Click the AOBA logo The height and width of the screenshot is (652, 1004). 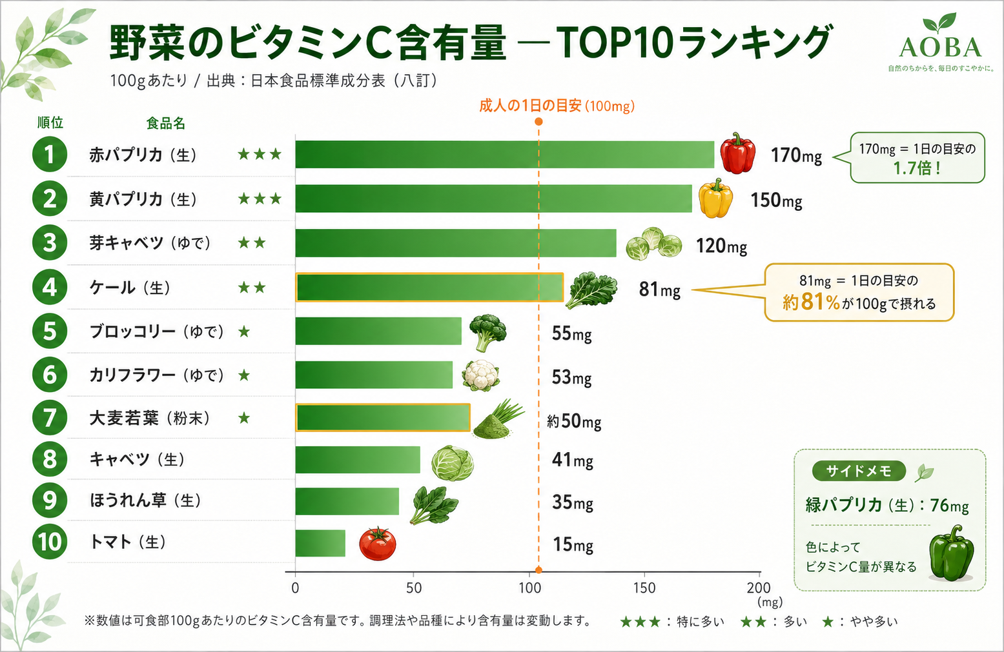coord(940,43)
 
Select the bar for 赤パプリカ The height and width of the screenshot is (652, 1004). coord(505,155)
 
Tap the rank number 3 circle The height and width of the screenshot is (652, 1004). coord(49,242)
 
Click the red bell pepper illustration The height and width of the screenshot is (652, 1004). coord(737,153)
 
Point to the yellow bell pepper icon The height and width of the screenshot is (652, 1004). coord(715,199)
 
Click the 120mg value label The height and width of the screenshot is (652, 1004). coord(721,246)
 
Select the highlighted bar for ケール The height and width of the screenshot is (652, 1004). coord(429,287)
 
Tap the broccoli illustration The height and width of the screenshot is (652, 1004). coord(487,332)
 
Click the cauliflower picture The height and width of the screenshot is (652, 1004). coord(480,375)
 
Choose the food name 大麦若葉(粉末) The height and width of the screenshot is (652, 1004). coord(150,419)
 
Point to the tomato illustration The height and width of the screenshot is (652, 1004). coord(378,544)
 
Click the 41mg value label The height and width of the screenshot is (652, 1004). coord(572,460)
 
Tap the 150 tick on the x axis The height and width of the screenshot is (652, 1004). coord(644,588)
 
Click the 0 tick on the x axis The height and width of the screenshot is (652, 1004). coord(295,588)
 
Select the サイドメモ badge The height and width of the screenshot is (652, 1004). coord(859,471)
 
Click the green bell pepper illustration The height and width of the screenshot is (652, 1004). coord(951,553)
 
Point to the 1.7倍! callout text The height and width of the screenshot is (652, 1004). coord(917,168)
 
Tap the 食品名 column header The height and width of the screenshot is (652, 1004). coord(166,123)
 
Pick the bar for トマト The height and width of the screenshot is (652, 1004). coord(320,543)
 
